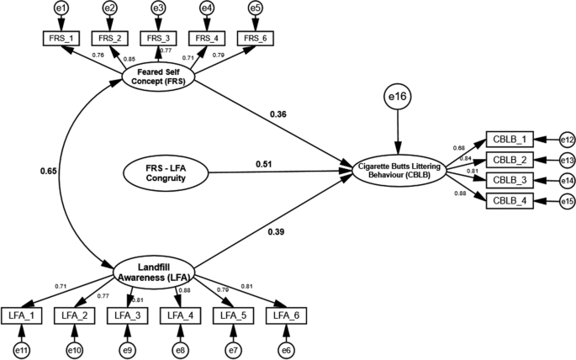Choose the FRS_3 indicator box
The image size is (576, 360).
158,38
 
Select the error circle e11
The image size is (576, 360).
21,348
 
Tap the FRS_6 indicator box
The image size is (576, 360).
256,38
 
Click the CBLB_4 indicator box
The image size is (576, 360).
510,199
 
